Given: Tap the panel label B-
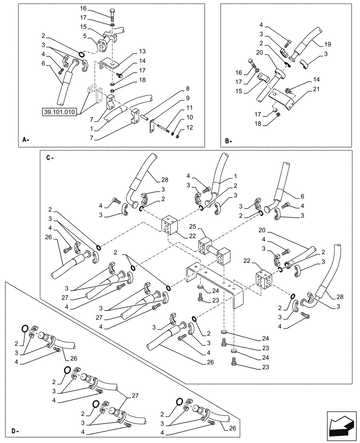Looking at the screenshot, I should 228,141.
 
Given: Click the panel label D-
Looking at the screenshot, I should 15,431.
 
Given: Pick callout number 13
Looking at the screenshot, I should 130,51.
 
